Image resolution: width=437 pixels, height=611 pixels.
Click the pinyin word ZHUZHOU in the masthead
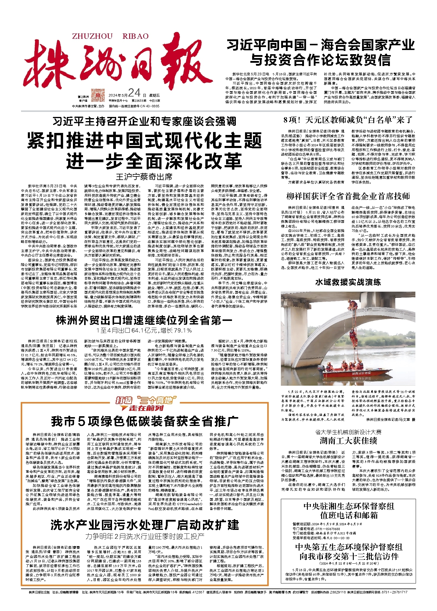point(92,36)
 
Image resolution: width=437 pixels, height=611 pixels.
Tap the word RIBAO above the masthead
point(135,36)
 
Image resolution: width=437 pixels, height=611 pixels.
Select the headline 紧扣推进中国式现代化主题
point(145,140)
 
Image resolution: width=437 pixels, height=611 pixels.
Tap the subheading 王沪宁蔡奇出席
point(144,177)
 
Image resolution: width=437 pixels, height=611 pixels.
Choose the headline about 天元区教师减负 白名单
point(348,120)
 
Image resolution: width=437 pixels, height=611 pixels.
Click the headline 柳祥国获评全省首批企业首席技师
point(348,196)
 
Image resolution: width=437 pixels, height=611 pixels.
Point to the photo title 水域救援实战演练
point(348,282)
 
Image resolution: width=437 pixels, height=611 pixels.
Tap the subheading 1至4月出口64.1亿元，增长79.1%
point(144,330)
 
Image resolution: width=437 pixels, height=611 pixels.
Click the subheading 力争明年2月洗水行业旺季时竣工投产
point(145,536)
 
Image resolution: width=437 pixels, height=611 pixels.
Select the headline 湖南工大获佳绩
point(348,441)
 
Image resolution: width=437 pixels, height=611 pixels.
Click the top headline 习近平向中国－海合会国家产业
point(320,45)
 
